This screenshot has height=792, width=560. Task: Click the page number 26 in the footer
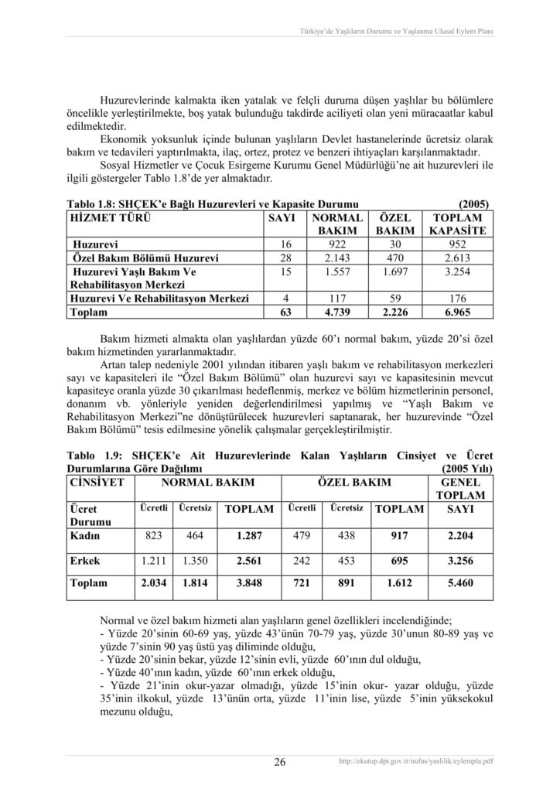click(280, 763)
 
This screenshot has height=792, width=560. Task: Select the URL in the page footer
click(417, 762)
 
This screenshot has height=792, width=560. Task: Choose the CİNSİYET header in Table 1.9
click(94, 483)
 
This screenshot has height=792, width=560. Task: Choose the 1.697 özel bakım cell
click(397, 272)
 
